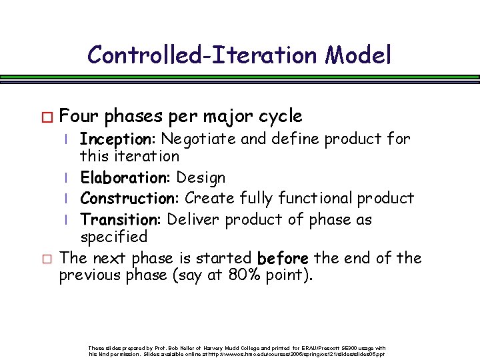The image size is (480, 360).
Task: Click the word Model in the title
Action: point(359,54)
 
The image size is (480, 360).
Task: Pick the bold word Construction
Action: point(130,199)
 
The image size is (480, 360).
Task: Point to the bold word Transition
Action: point(121,219)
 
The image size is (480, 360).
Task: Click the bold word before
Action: point(283,258)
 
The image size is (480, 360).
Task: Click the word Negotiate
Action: point(193,139)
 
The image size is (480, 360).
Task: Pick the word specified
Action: point(113,237)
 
